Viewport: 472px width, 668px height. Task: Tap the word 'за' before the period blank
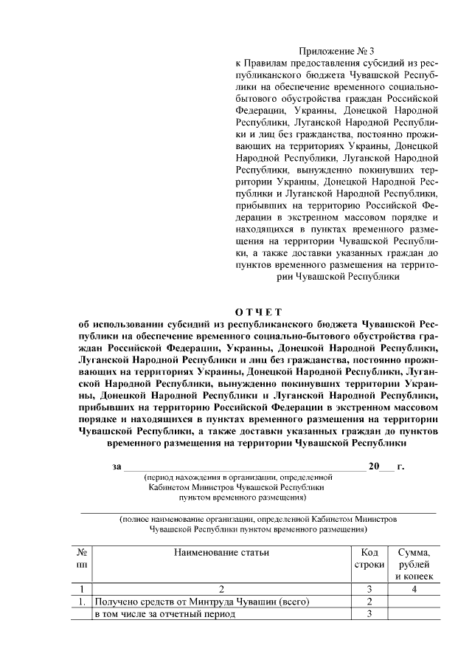tap(117, 466)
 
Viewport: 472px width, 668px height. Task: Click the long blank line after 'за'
tap(243, 468)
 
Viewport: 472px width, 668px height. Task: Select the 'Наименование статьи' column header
tap(221, 551)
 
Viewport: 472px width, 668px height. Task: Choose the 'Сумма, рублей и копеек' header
tap(414, 564)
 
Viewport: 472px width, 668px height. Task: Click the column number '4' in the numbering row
tap(414, 589)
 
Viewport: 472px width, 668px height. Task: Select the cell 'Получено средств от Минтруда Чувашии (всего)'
tap(201, 602)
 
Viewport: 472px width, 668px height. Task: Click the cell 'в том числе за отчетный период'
tap(164, 614)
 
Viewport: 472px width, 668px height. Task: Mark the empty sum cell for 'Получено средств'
tap(414, 602)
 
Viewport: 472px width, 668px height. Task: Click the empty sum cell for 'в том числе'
tap(414, 614)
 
